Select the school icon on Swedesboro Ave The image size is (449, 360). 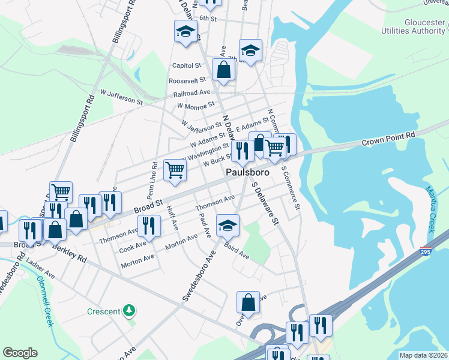coord(228,226)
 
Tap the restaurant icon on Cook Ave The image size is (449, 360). coord(149,226)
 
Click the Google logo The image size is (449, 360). coord(20,352)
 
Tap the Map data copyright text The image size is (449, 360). coord(423,355)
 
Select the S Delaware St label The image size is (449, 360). coord(266,203)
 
